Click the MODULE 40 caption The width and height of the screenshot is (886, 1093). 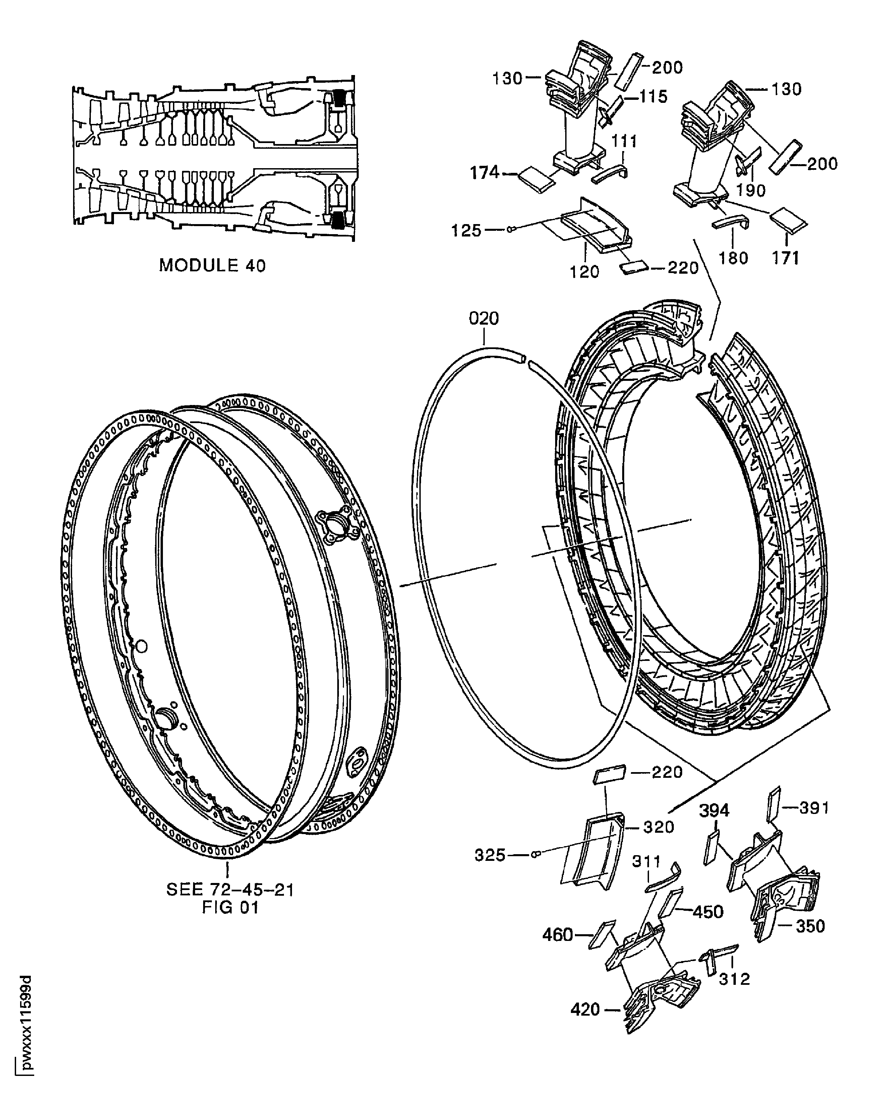(x=212, y=265)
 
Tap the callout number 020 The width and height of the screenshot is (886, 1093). (x=484, y=319)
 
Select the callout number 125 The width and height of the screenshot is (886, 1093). (x=466, y=231)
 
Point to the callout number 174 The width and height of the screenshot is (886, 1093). (x=485, y=173)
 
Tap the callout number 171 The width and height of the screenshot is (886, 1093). (x=785, y=258)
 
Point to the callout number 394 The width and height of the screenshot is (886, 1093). (x=714, y=810)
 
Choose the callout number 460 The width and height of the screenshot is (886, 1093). (x=558, y=935)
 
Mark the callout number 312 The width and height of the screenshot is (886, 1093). (x=734, y=979)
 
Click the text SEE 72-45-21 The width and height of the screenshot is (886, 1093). (x=230, y=890)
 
